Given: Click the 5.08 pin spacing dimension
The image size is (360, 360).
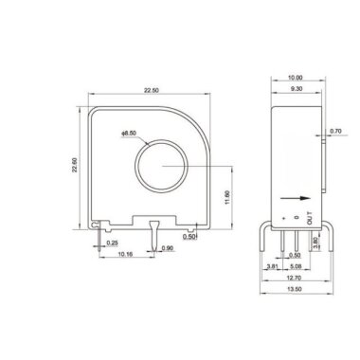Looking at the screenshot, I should click(295, 267).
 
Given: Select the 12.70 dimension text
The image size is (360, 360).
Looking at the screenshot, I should click(295, 279).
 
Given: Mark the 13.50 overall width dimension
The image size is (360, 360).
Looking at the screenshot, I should click(295, 291).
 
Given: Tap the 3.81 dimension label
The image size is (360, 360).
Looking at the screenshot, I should click(272, 267).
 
